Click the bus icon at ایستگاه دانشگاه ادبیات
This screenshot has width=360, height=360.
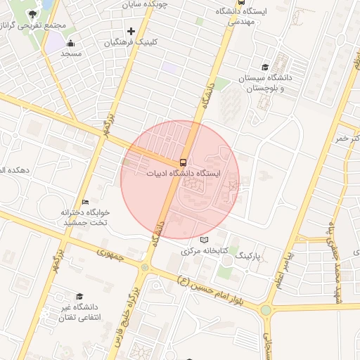click(183, 162)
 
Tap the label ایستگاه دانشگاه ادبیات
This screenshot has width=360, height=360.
click(184, 173)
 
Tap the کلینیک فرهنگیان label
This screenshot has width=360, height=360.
click(131, 42)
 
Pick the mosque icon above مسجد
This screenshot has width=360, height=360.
click(70, 44)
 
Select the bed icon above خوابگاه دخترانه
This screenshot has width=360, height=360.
click(85, 202)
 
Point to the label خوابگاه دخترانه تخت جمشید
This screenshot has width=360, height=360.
click(84, 217)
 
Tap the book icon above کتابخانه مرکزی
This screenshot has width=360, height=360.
click(205, 240)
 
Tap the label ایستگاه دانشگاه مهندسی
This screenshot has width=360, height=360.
click(242, 16)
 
